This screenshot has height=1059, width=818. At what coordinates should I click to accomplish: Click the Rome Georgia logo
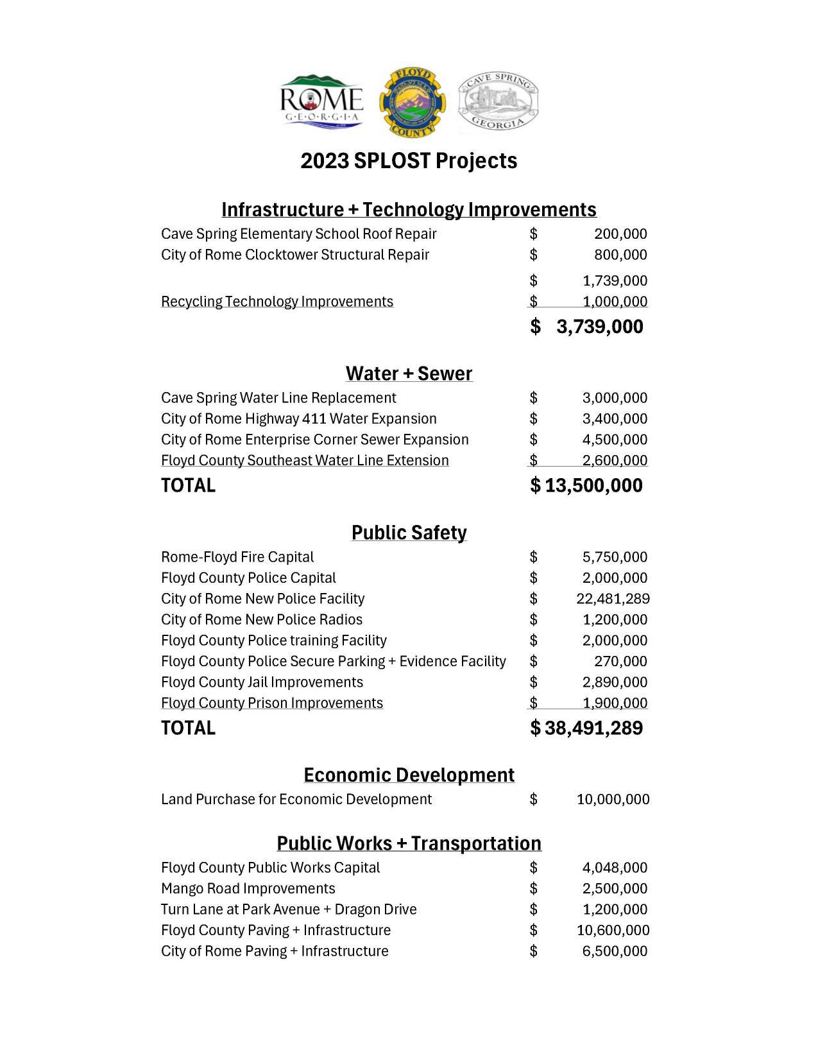[x=322, y=103]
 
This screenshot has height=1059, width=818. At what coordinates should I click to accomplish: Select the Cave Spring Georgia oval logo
[x=498, y=103]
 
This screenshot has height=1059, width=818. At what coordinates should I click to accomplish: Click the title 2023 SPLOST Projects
[x=409, y=160]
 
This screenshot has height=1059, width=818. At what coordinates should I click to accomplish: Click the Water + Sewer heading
[x=409, y=374]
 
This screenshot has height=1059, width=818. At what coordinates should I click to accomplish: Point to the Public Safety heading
[x=409, y=533]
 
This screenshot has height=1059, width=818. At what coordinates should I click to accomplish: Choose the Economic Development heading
[x=409, y=775]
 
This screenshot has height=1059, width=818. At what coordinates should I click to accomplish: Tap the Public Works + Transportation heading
[x=409, y=843]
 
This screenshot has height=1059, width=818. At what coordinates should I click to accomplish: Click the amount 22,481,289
[x=613, y=599]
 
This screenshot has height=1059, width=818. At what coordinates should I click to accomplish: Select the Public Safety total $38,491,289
[x=587, y=728]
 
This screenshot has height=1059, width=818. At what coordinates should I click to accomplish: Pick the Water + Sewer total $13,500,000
[x=587, y=485]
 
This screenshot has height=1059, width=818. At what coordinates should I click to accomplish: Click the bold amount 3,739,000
[x=599, y=327]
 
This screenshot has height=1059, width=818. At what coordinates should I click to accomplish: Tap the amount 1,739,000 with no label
[x=615, y=280]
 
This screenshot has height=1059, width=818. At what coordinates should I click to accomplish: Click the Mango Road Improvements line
[x=248, y=888]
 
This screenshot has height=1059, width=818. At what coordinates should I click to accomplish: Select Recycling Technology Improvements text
[x=277, y=302]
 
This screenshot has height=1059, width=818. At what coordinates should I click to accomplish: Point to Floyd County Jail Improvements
[x=262, y=682]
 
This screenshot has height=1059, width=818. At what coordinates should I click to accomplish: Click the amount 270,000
[x=620, y=661]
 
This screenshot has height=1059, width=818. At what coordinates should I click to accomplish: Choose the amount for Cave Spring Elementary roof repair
[x=620, y=234]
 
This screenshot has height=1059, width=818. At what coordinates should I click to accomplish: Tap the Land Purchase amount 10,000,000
[x=613, y=800]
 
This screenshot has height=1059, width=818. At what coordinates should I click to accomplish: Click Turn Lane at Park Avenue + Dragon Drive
[x=289, y=909]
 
